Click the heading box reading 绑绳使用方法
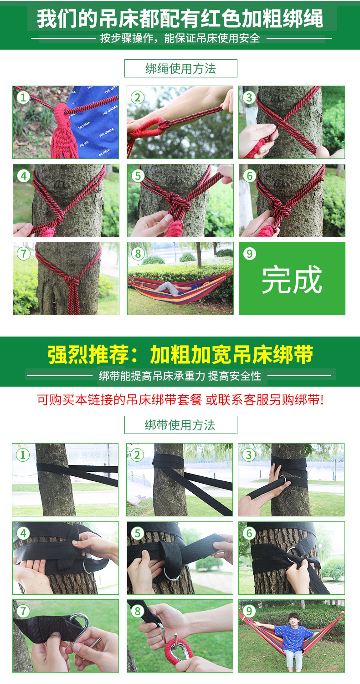[x=180, y=68]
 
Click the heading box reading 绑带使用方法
[x=180, y=425]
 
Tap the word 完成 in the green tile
[x=292, y=280]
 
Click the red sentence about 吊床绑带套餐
[x=180, y=400]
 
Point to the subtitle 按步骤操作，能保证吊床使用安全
[x=180, y=38]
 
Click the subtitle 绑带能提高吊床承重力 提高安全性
[x=180, y=376]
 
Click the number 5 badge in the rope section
[x=138, y=175]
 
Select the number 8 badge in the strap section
[x=138, y=611]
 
